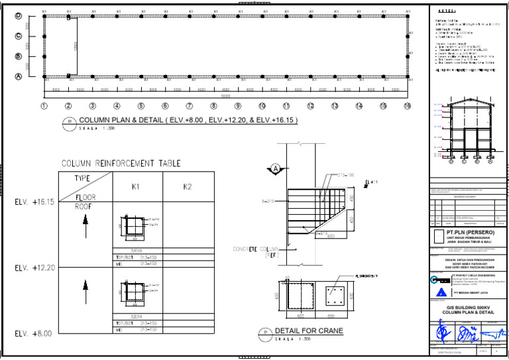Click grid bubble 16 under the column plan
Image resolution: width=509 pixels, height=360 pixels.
(407, 106)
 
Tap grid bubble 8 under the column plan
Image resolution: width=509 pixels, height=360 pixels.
(213, 106)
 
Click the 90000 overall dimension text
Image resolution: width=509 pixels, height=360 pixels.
(225, 96)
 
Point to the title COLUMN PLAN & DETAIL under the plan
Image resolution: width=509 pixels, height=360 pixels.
(188, 121)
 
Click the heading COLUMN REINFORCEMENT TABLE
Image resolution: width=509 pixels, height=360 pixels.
(121, 164)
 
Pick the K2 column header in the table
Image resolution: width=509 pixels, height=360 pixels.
(188, 187)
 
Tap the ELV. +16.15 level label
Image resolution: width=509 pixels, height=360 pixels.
(34, 202)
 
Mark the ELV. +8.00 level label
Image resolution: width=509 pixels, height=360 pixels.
(33, 333)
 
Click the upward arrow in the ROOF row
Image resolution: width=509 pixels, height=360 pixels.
(85, 227)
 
